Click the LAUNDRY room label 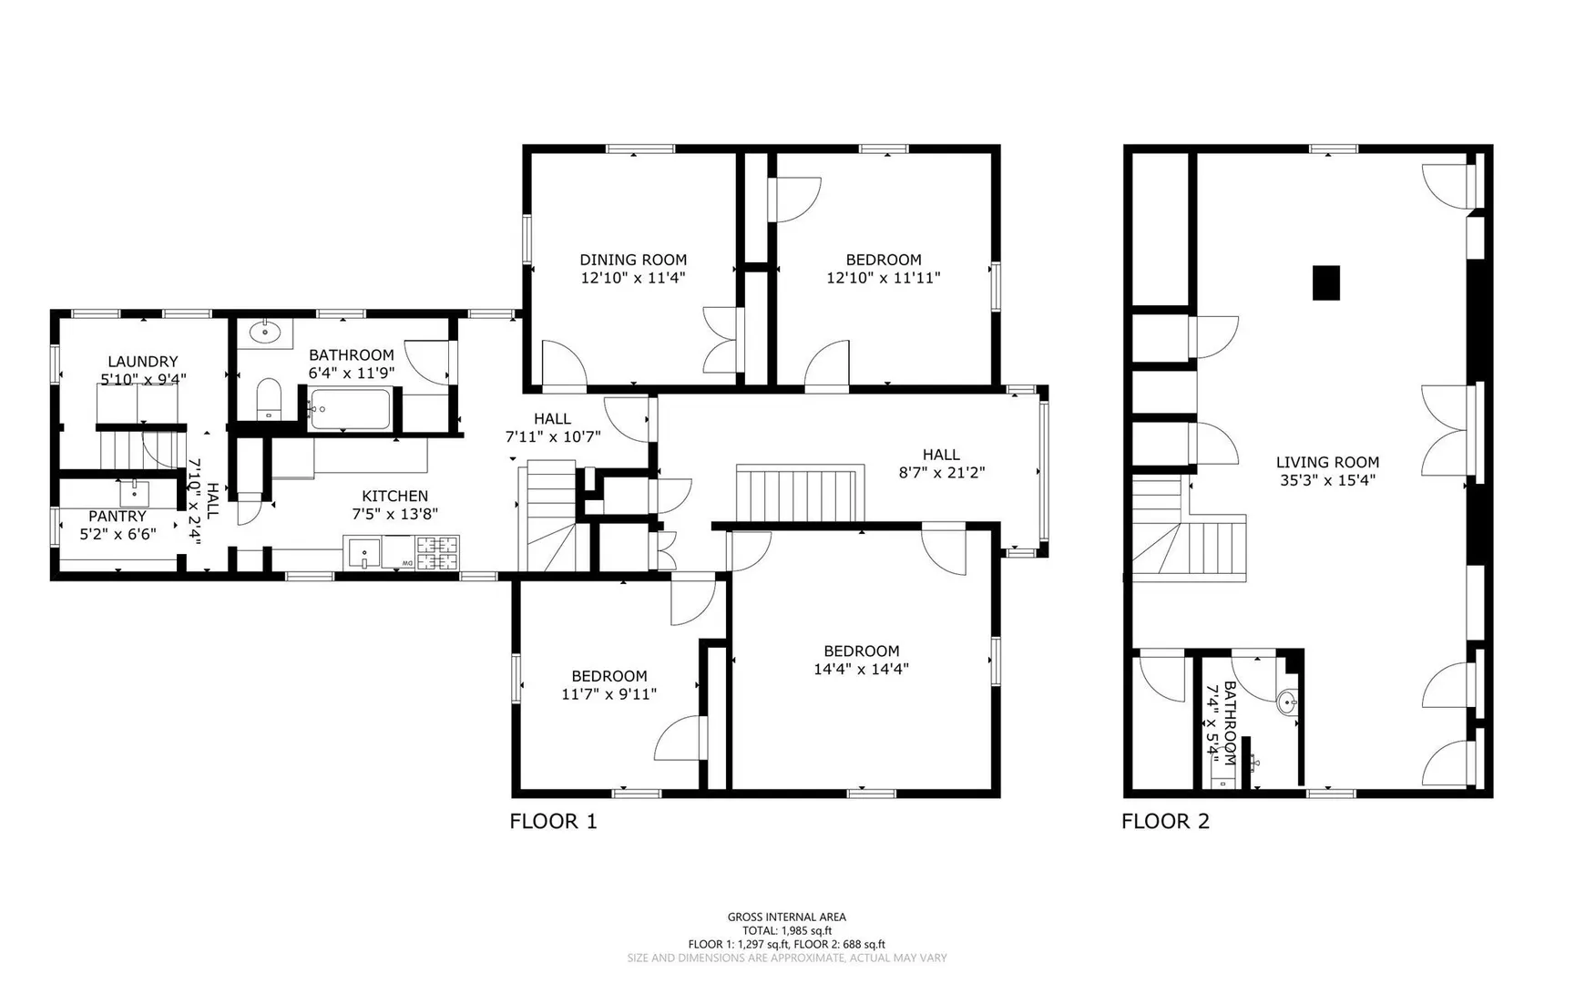click(x=143, y=362)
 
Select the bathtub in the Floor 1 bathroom click(x=350, y=409)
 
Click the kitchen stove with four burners click(x=438, y=553)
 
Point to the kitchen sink click(x=363, y=553)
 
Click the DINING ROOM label click(x=633, y=260)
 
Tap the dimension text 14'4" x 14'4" click(x=861, y=669)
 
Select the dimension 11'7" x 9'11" click(x=609, y=693)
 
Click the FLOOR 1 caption click(x=553, y=822)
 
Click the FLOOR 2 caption click(x=1165, y=822)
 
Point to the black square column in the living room click(x=1326, y=282)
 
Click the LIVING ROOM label click(x=1327, y=462)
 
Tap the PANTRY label click(x=118, y=517)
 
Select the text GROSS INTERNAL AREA click(x=786, y=917)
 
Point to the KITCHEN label click(x=394, y=496)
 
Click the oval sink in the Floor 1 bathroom click(x=265, y=333)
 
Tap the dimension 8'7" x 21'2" click(x=941, y=473)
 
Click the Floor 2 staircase click(x=1189, y=528)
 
